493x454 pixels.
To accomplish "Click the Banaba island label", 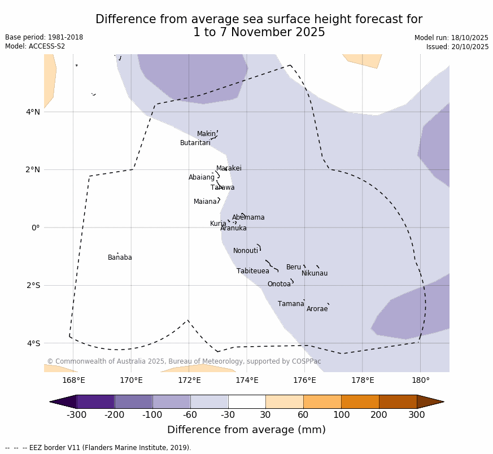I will pos(120,257).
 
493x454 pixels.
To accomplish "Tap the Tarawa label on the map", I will pos(222,187).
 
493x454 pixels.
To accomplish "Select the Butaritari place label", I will pos(195,143).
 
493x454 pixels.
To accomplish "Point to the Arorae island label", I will pos(317,309).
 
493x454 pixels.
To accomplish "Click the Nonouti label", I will pos(246,251).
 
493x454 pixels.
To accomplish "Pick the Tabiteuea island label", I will pos(252,271).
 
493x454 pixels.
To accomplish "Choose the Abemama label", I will pos(248,217).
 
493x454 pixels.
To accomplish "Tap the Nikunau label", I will pos(314,273).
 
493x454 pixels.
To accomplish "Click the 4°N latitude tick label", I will pos(33,112).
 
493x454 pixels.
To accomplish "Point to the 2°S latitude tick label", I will pos(33,285).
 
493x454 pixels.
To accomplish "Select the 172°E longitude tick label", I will pos(189,380).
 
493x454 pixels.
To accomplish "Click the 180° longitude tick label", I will pos(420,380).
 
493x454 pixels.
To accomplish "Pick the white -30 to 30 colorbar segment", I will pos(247,401).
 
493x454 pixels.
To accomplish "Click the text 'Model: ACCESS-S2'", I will pos(35,46).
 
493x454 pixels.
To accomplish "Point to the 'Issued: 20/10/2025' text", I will pos(457,47).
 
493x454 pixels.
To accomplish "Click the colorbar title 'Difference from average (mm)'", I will pos(246,430).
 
